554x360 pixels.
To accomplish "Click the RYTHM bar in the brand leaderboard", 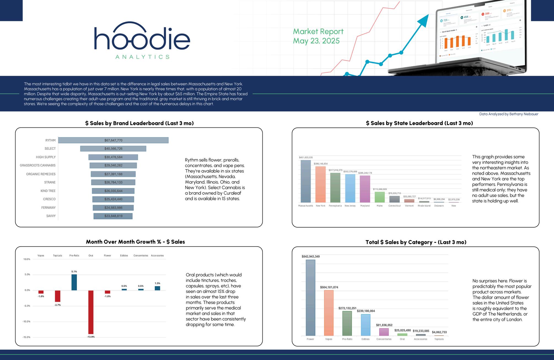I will tap(113, 140).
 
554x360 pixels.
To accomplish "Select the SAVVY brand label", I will tap(51, 216).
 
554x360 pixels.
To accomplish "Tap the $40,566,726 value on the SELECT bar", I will tap(113, 149).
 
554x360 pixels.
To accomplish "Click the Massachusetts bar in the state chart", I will tap(306, 181).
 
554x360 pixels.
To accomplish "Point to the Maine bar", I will tap(380, 197).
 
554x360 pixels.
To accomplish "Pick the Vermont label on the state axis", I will tap(409, 206).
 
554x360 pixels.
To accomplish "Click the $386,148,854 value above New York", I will tap(321, 164).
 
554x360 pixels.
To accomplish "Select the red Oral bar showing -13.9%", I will tap(91, 312).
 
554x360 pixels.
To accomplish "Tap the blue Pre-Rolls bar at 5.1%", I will tap(74, 282).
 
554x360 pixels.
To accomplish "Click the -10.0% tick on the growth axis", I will tap(27, 322).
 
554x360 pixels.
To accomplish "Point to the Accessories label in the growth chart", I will tap(157, 256).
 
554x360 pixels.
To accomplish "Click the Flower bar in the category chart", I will tap(310, 298).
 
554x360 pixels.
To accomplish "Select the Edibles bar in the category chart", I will tap(365, 325).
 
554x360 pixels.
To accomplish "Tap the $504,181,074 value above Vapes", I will tap(329, 287).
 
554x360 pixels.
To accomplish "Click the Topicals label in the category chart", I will tap(439, 339).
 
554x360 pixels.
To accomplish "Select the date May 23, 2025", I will tap(316, 41).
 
